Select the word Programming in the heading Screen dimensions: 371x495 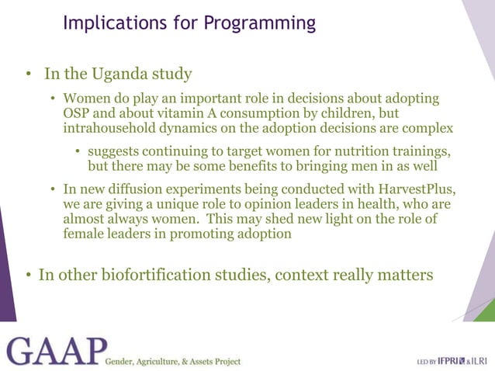point(260,23)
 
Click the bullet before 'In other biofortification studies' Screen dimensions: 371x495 point(27,276)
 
